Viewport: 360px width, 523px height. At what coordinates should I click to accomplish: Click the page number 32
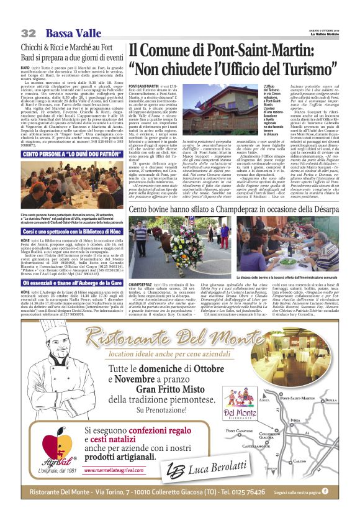tap(27, 32)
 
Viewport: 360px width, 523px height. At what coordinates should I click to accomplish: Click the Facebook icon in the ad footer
tap(325, 491)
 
